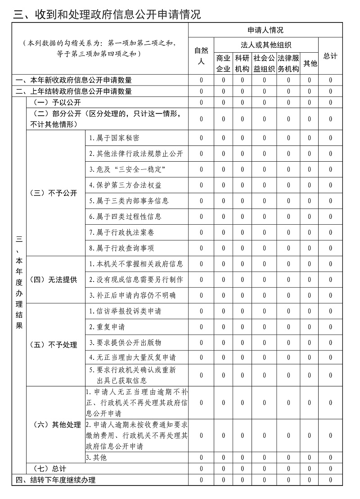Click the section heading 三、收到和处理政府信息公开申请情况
[x=107, y=15]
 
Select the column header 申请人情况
[x=265, y=30]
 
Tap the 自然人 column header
[x=201, y=55]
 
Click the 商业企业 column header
[x=223, y=64]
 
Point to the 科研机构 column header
[x=242, y=64]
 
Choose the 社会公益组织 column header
[x=264, y=64]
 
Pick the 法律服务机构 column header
[x=288, y=64]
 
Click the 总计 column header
[x=330, y=56]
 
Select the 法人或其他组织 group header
[x=266, y=45]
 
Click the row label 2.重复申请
[x=107, y=327]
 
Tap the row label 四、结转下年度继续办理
[x=56, y=480]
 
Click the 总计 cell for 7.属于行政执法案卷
[x=330, y=232]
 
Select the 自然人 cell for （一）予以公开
[x=201, y=102]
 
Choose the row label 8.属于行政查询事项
[x=121, y=248]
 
